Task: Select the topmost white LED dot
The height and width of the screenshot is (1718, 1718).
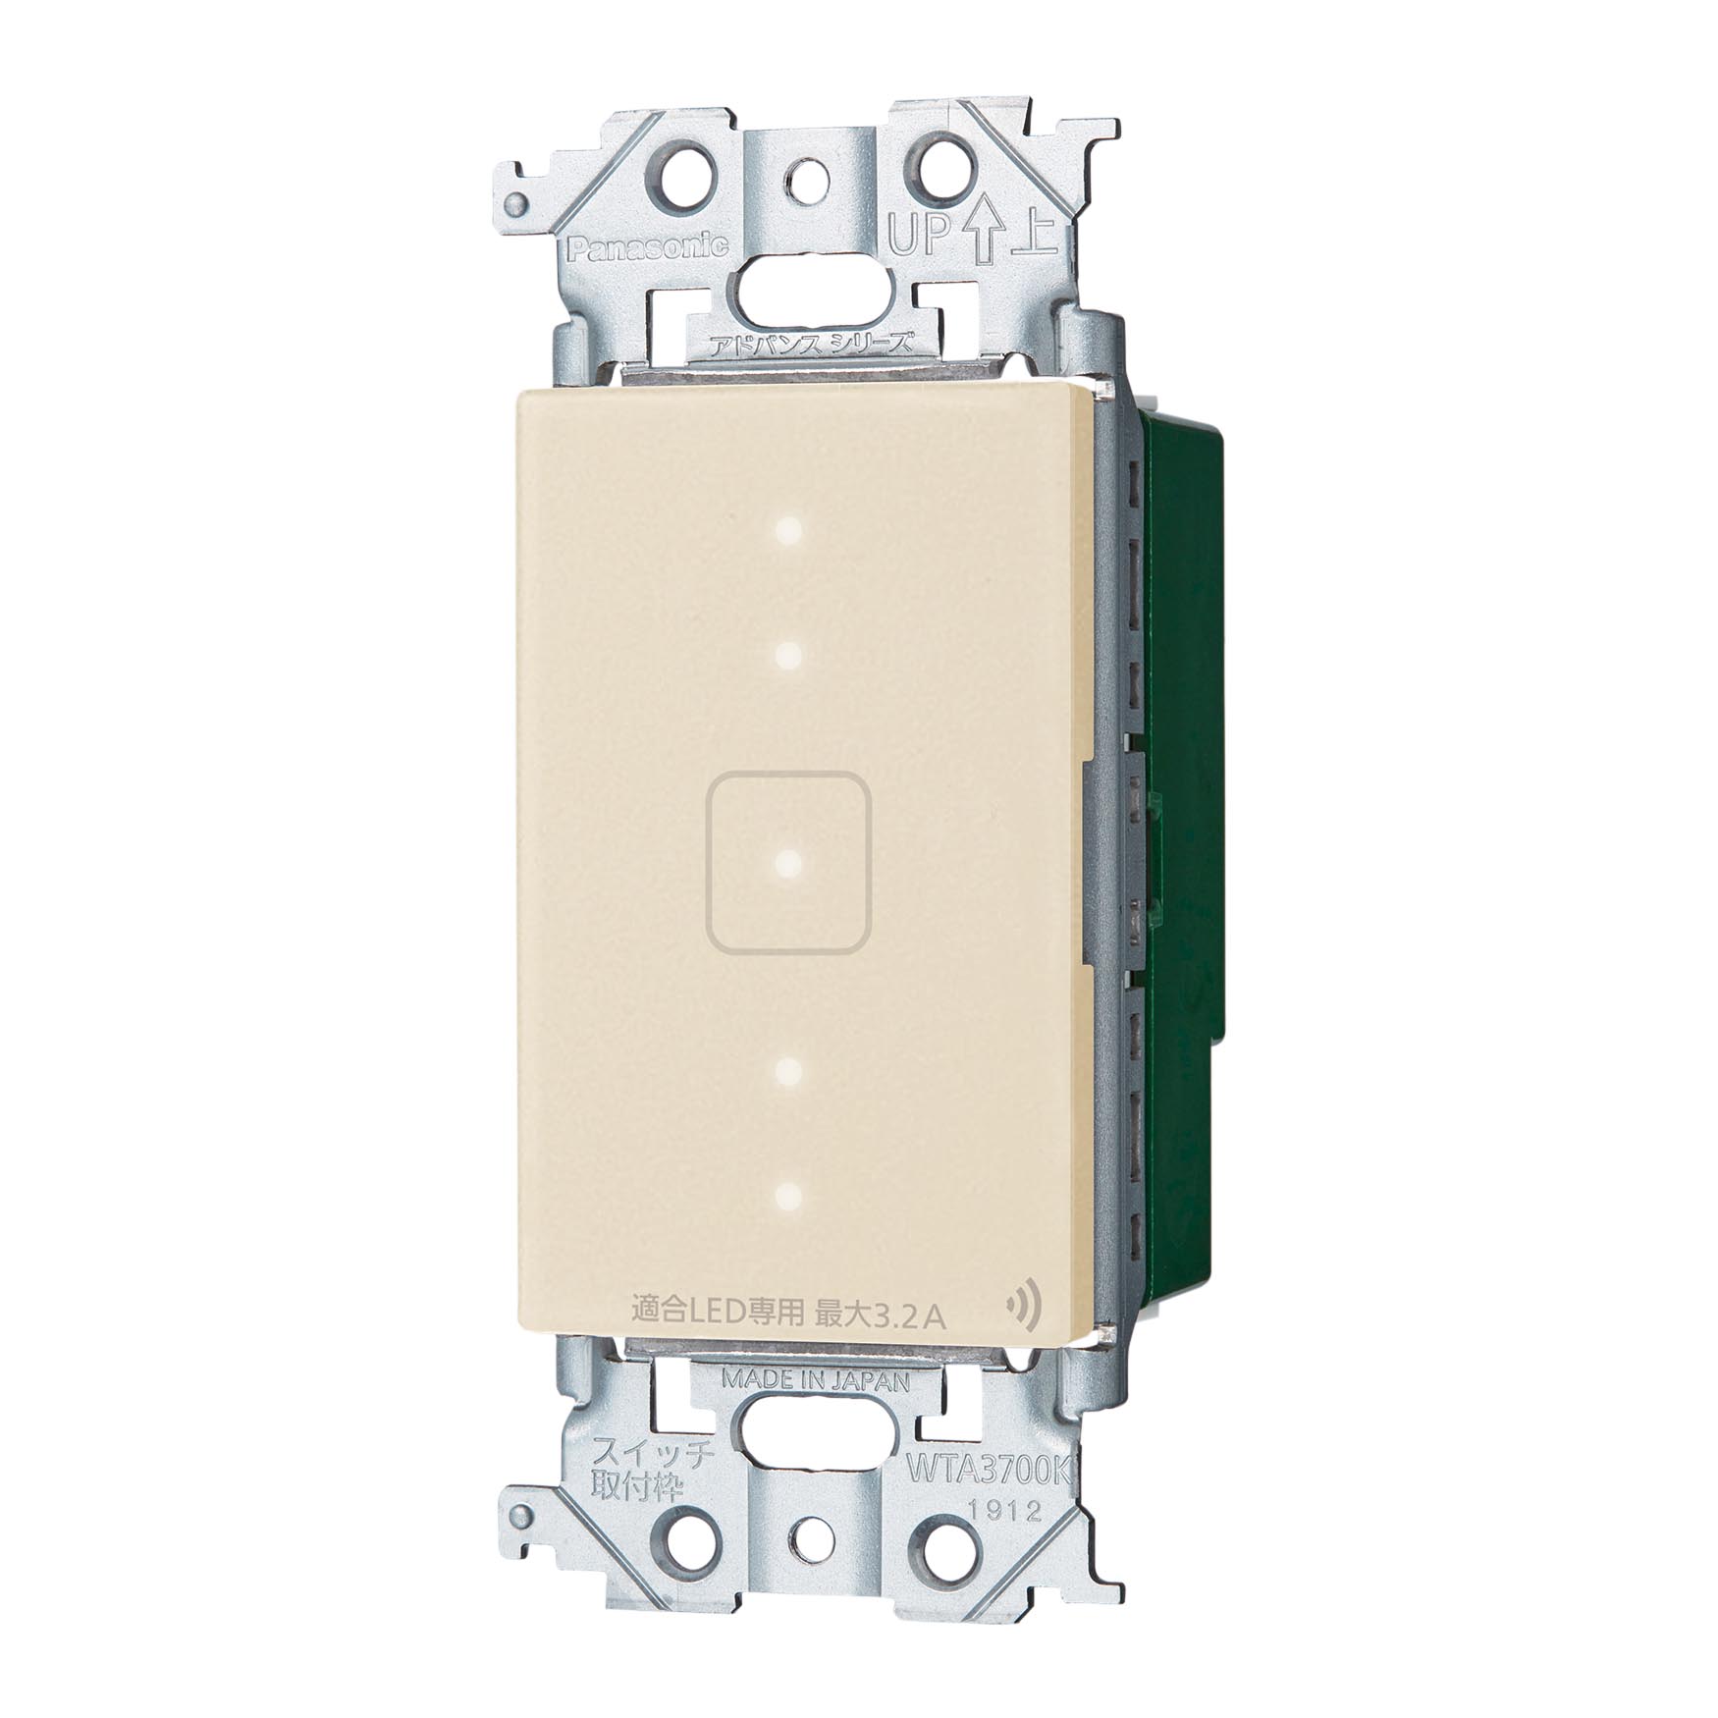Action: pos(788,531)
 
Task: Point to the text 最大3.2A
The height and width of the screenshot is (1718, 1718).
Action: pos(881,1314)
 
